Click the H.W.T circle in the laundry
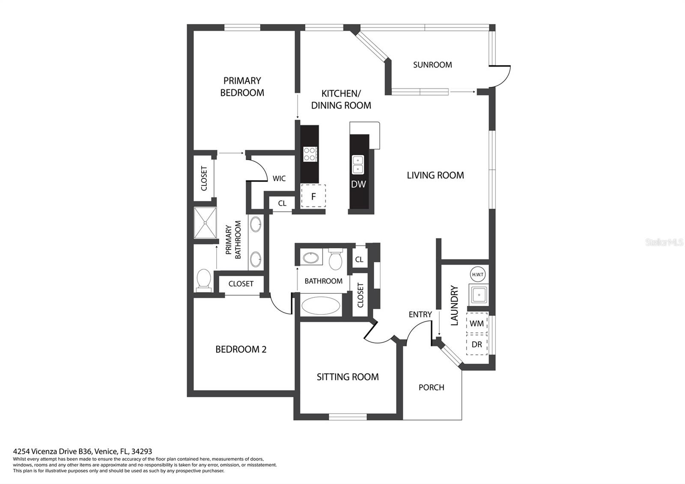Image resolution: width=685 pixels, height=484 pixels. [477, 275]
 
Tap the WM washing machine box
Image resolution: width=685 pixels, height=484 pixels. [477, 323]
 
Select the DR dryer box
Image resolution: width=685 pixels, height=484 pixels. [477, 344]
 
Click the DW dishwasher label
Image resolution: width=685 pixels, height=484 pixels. [358, 184]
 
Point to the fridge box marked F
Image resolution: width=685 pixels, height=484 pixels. [313, 196]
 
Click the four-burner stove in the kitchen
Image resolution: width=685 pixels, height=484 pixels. [310, 154]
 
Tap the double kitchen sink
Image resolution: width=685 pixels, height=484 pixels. [358, 164]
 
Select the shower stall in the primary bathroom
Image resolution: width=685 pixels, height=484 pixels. [205, 223]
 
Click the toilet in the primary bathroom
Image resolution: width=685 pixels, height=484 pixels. [204, 280]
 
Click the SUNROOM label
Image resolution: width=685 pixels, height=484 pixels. [432, 65]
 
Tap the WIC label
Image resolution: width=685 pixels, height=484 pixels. [279, 178]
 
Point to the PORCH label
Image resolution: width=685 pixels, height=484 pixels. [431, 387]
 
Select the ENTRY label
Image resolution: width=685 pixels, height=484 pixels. [420, 314]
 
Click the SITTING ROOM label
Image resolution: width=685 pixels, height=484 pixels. [348, 377]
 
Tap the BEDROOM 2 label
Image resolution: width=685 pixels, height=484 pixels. [241, 349]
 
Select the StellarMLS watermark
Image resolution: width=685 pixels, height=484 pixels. [664, 242]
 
